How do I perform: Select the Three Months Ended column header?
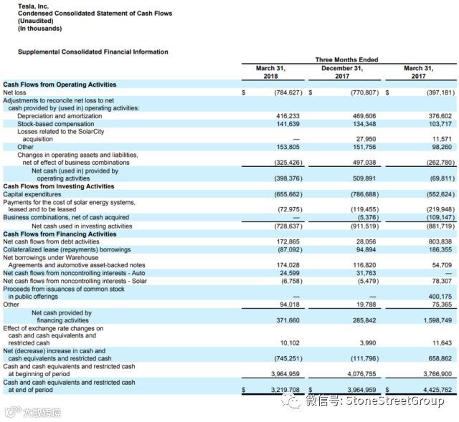click(x=346, y=59)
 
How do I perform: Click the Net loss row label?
click(x=15, y=92)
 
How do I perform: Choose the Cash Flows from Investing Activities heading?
click(x=60, y=186)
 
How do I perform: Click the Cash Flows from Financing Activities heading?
click(x=60, y=234)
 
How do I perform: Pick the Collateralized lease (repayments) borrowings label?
click(x=67, y=249)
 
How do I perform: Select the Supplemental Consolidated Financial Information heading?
click(x=93, y=52)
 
